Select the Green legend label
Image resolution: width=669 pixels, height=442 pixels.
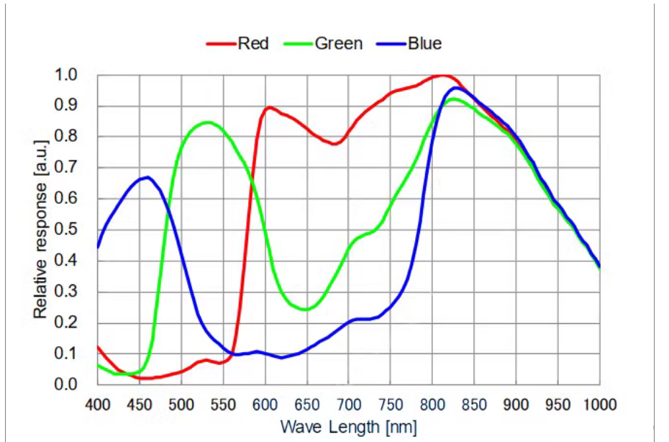(338, 43)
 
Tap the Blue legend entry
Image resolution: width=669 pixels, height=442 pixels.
(424, 43)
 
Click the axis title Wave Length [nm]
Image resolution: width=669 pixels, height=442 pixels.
(348, 426)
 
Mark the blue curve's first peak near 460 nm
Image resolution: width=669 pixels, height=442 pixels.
(147, 177)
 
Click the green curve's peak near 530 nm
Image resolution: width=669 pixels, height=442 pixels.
(207, 122)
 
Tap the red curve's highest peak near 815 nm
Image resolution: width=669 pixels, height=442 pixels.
(442, 75)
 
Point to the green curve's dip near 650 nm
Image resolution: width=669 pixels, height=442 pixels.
(306, 310)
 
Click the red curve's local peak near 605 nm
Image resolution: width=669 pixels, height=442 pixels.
(269, 107)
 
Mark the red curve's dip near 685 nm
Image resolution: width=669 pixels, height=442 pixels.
(335, 144)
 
